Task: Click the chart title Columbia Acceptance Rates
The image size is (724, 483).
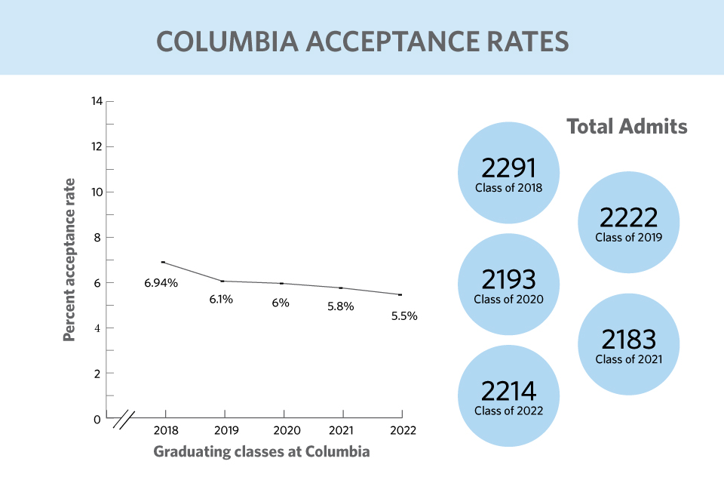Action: coord(362,41)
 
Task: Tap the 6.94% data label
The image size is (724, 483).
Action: coord(161,283)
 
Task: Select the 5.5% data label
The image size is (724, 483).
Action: coord(404,316)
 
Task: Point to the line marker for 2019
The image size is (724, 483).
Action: coord(223,281)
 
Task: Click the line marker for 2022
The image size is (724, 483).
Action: coord(400,294)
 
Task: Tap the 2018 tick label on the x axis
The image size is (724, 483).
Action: coord(165,431)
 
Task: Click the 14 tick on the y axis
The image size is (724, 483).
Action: coord(97,101)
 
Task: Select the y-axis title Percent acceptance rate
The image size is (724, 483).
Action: coord(69,260)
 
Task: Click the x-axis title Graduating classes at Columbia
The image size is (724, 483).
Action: coord(262,452)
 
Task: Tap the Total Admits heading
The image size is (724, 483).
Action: coord(627,126)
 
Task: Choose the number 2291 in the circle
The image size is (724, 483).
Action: coord(508,167)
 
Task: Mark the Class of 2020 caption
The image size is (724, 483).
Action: coord(508,299)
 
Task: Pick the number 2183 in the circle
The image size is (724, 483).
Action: coord(628,340)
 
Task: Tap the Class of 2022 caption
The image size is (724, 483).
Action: coord(508,411)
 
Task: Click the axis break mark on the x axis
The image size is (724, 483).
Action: coord(124,419)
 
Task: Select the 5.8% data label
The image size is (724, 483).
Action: coord(340,306)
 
